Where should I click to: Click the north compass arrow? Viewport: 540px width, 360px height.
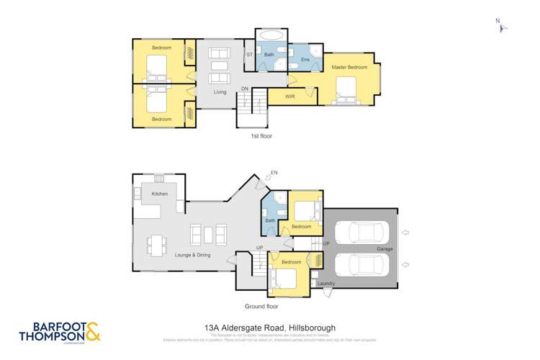coord(503,28)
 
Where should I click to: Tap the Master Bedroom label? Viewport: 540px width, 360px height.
coord(349,68)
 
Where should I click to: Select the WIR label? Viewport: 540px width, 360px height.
coord(290,96)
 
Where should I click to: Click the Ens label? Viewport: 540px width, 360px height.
coord(305,60)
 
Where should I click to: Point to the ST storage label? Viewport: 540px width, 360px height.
coord(250,55)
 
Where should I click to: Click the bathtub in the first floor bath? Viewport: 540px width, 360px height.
coord(271,35)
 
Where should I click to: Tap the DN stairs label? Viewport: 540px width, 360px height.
coord(245,89)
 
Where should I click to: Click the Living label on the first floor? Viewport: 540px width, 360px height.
coord(220,92)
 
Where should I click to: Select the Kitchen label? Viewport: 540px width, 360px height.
coord(160,194)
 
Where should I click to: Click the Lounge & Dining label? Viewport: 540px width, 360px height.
coord(192,254)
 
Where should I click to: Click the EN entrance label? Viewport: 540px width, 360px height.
coord(273,172)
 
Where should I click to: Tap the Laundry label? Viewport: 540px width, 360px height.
coord(326,284)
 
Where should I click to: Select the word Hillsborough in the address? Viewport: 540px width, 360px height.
coord(311,328)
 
